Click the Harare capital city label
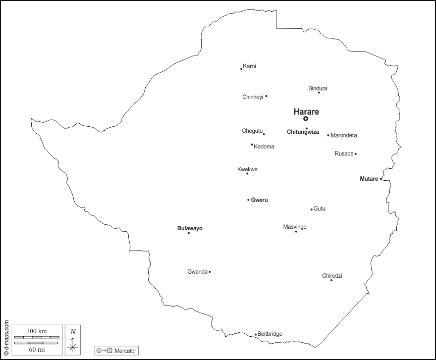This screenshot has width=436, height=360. [306, 112]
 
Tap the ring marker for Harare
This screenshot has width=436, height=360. [306, 119]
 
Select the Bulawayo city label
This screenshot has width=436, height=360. [190, 228]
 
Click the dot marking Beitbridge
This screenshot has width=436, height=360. [255, 334]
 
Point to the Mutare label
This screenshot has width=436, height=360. [368, 179]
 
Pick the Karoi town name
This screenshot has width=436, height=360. [249, 66]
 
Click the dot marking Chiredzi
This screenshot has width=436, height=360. [332, 280]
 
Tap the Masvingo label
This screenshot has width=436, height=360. [295, 227]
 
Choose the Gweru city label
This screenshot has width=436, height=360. [259, 200]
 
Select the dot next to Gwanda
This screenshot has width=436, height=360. [209, 272]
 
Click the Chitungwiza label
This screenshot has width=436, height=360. [303, 132]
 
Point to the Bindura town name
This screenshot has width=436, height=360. [318, 88]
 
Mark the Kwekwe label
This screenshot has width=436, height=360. [247, 169]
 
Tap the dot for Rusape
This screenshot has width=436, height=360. [355, 154]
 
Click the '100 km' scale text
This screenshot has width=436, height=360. [36, 331]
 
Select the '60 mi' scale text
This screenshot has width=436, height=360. [36, 349]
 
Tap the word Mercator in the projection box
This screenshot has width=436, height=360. [125, 350]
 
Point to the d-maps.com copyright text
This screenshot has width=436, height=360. [6, 338]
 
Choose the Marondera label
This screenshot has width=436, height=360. [344, 135]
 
